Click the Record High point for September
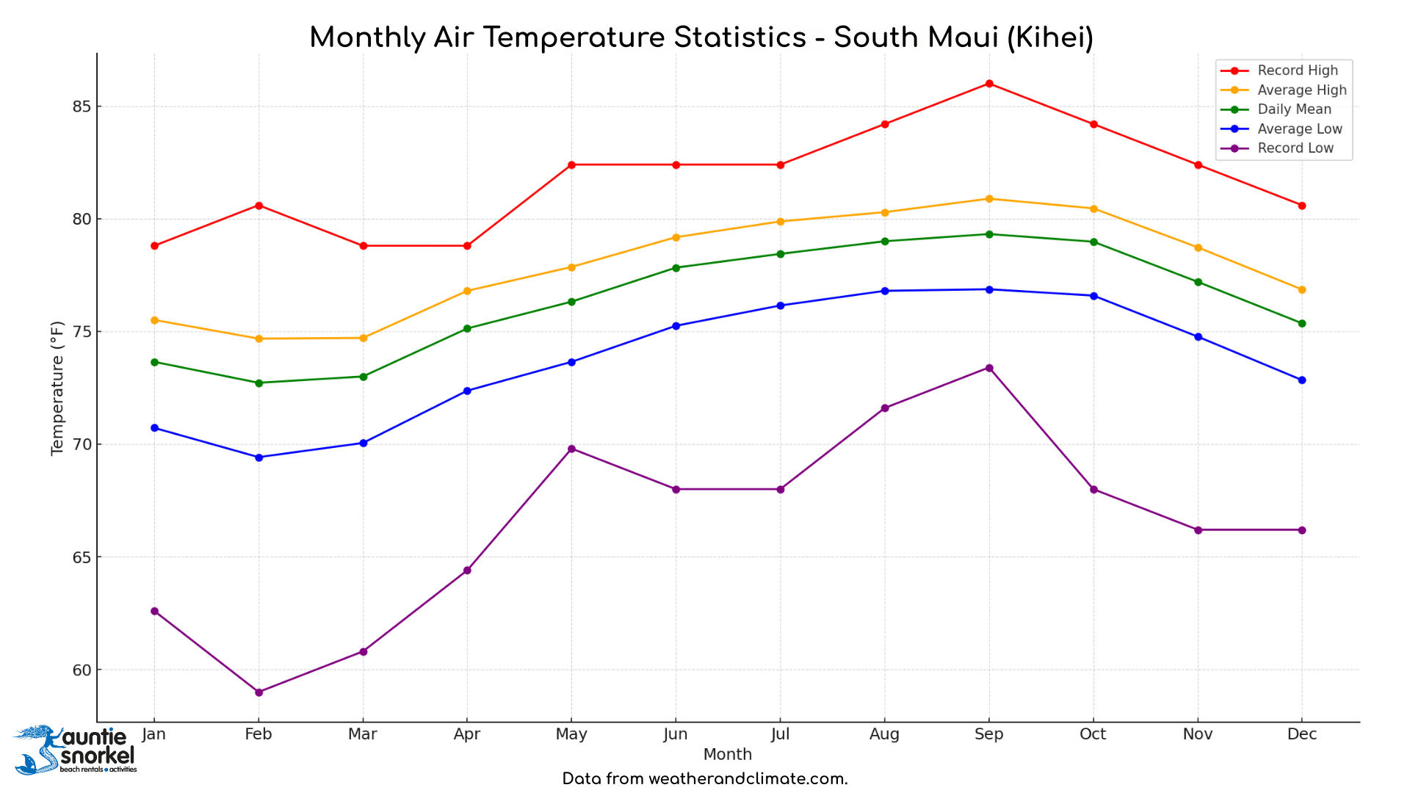pyautogui.click(x=989, y=84)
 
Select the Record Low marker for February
pyautogui.click(x=258, y=692)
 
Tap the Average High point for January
pyautogui.click(x=154, y=320)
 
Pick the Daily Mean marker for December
pyautogui.click(x=1302, y=323)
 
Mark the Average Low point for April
pyautogui.click(x=467, y=391)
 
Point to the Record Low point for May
pyautogui.click(x=571, y=449)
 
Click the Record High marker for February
pyautogui.click(x=258, y=206)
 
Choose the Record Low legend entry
pyautogui.click(x=1295, y=148)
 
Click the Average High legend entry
pyautogui.click(x=1301, y=90)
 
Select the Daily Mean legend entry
pyautogui.click(x=1294, y=109)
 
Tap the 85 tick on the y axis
pyautogui.click(x=82, y=107)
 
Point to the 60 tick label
pyautogui.click(x=82, y=670)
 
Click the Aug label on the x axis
pyautogui.click(x=884, y=734)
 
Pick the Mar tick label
pyautogui.click(x=363, y=734)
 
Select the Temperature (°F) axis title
pyautogui.click(x=57, y=388)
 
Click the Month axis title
pyautogui.click(x=727, y=754)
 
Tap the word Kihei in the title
pyautogui.click(x=1049, y=37)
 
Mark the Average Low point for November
pyautogui.click(x=1198, y=337)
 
